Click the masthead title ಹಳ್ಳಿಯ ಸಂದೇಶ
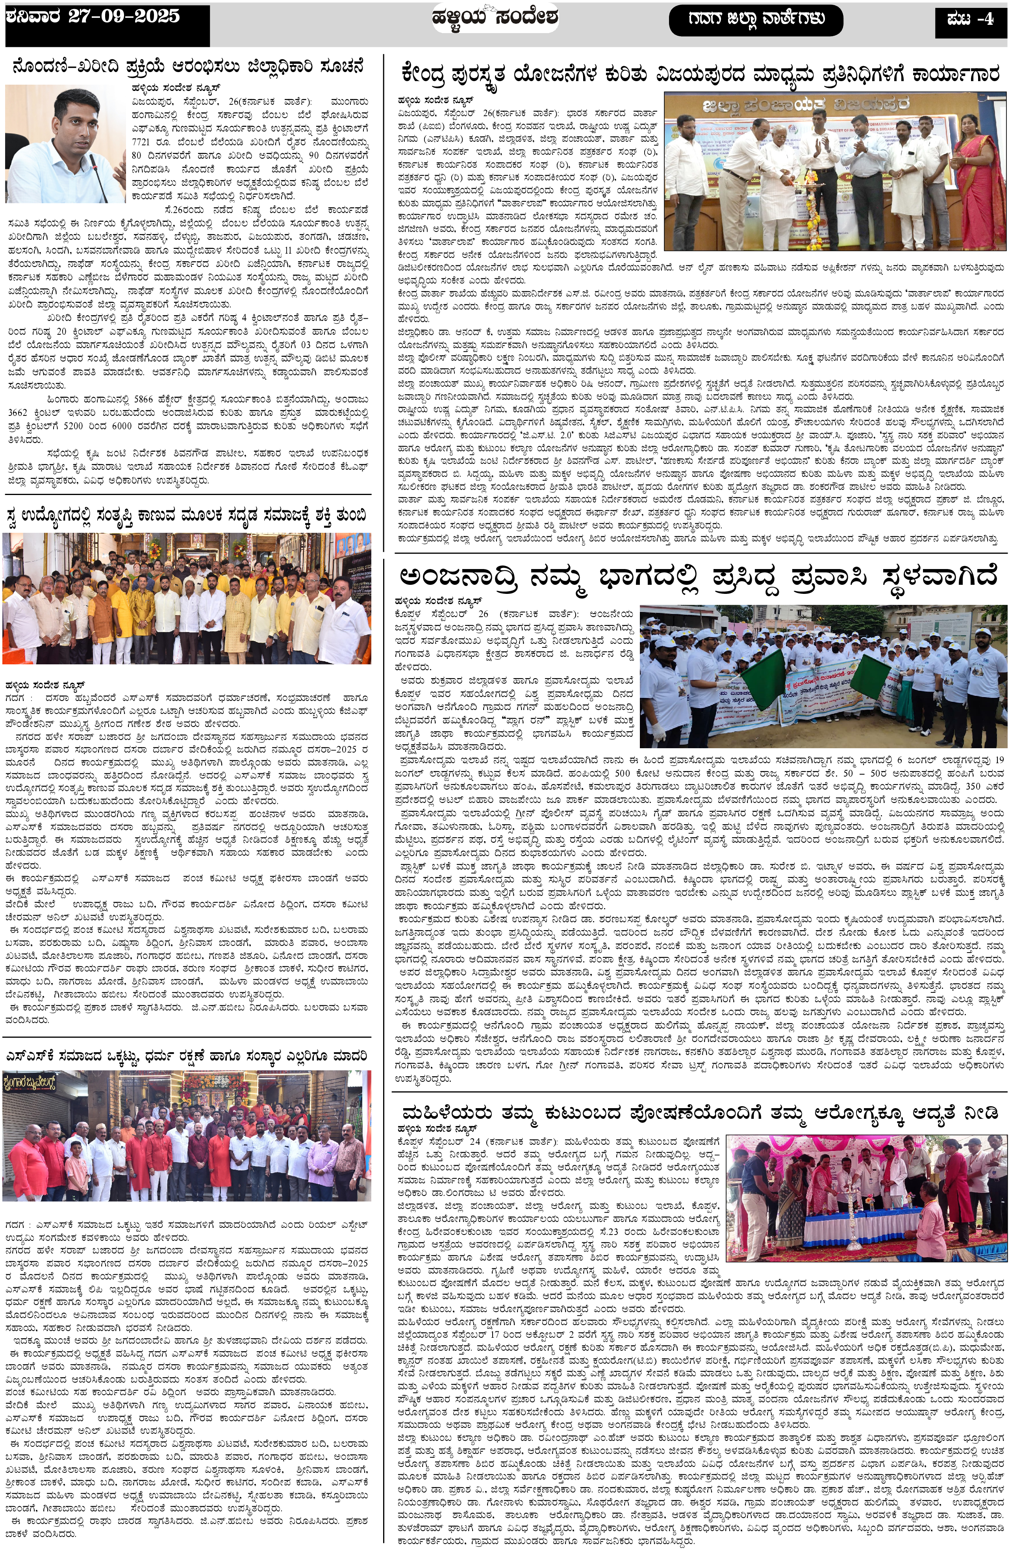tap(495, 18)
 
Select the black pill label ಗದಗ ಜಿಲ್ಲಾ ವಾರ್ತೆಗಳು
tap(755, 20)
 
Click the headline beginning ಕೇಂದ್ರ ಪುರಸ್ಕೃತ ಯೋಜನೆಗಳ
tap(700, 74)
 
